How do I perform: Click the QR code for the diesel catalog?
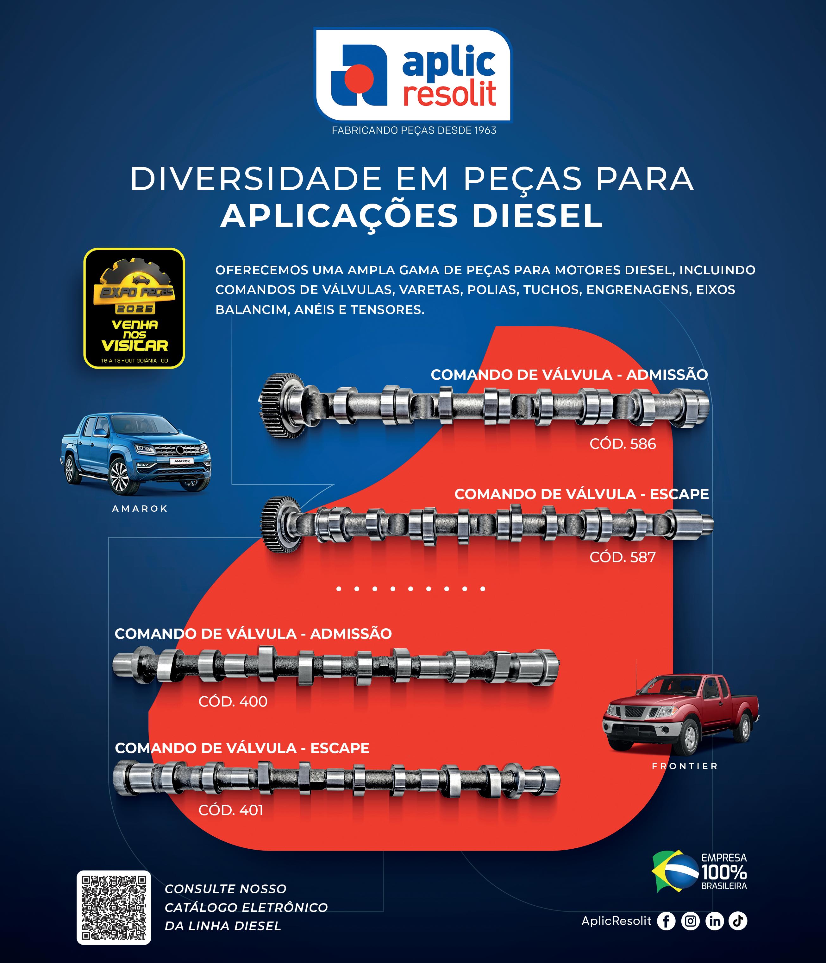click(114, 907)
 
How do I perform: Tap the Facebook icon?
click(666, 921)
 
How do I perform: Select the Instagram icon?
click(690, 921)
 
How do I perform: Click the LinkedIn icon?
click(715, 921)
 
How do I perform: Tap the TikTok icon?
click(738, 921)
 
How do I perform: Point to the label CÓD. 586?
click(623, 444)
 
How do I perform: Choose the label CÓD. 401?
click(231, 810)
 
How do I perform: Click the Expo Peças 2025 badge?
click(134, 308)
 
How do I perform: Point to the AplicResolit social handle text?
click(616, 921)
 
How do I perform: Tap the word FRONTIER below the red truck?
click(685, 766)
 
